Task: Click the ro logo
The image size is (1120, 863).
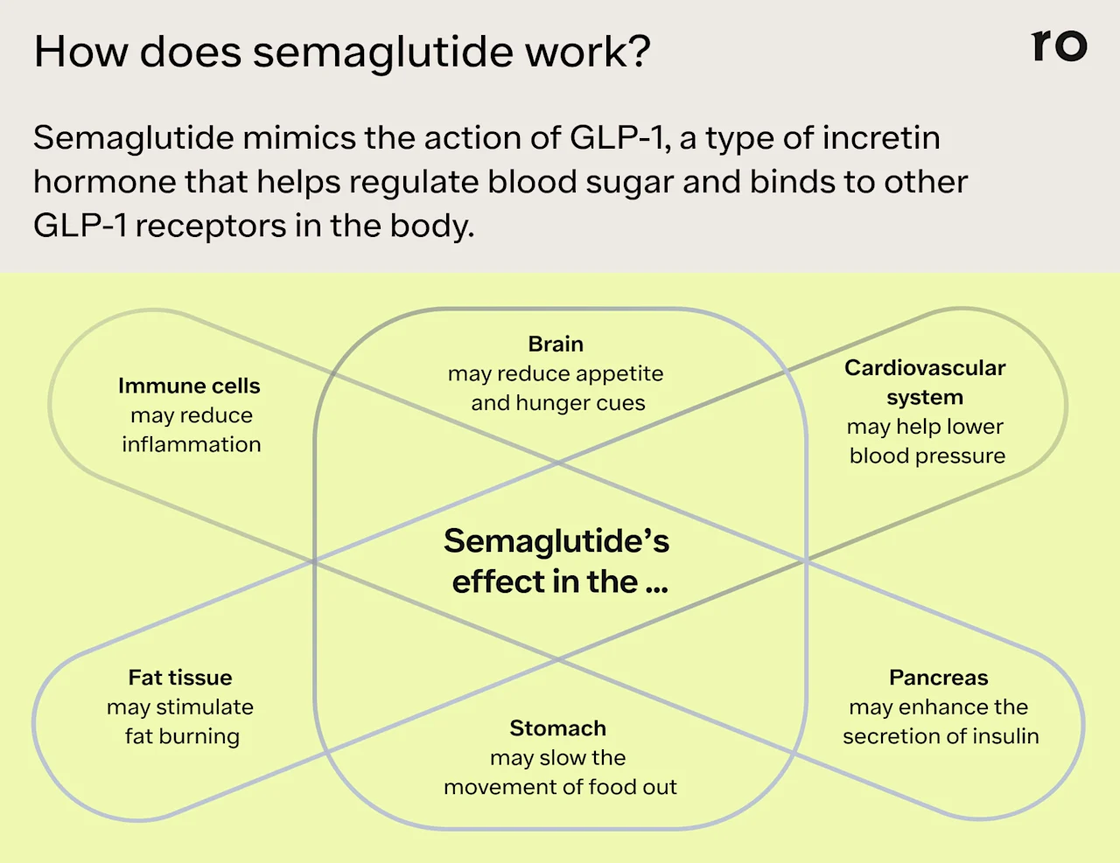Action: pyautogui.click(x=1060, y=45)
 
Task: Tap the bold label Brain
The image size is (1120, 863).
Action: pyautogui.click(x=556, y=344)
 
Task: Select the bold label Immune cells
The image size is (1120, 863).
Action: pyautogui.click(x=189, y=386)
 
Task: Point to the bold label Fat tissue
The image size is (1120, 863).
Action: pyautogui.click(x=180, y=678)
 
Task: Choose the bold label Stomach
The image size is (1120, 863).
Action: pyautogui.click(x=557, y=728)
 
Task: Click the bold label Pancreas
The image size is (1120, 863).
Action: pyautogui.click(x=938, y=678)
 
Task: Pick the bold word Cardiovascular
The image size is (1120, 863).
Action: pyautogui.click(x=925, y=368)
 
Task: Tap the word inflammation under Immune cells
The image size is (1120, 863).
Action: pyautogui.click(x=192, y=444)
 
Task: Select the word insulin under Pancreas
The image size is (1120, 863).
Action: pyautogui.click(x=1005, y=736)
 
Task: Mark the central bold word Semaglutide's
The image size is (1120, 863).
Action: pyautogui.click(x=556, y=541)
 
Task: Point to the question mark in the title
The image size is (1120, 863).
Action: pyautogui.click(x=640, y=52)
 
